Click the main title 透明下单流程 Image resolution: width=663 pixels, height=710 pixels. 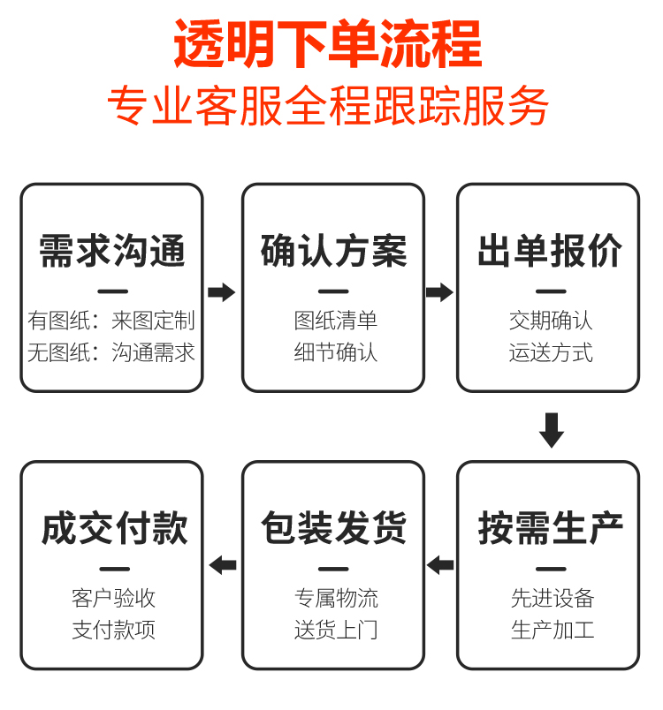tap(328, 44)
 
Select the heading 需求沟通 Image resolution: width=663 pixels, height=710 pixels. tap(112, 251)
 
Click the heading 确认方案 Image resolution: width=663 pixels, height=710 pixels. tap(333, 251)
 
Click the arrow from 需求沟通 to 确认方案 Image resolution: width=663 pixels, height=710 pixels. tap(221, 292)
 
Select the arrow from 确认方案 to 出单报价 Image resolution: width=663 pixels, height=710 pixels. tap(439, 292)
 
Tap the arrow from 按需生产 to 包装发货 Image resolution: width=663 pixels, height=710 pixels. tap(439, 564)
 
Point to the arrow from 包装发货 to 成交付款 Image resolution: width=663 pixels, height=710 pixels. tap(223, 564)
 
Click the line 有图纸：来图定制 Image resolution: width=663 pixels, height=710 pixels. tap(111, 320)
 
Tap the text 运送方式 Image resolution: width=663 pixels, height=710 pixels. tap(551, 352)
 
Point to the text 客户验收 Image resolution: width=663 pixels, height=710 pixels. tap(113, 598)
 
